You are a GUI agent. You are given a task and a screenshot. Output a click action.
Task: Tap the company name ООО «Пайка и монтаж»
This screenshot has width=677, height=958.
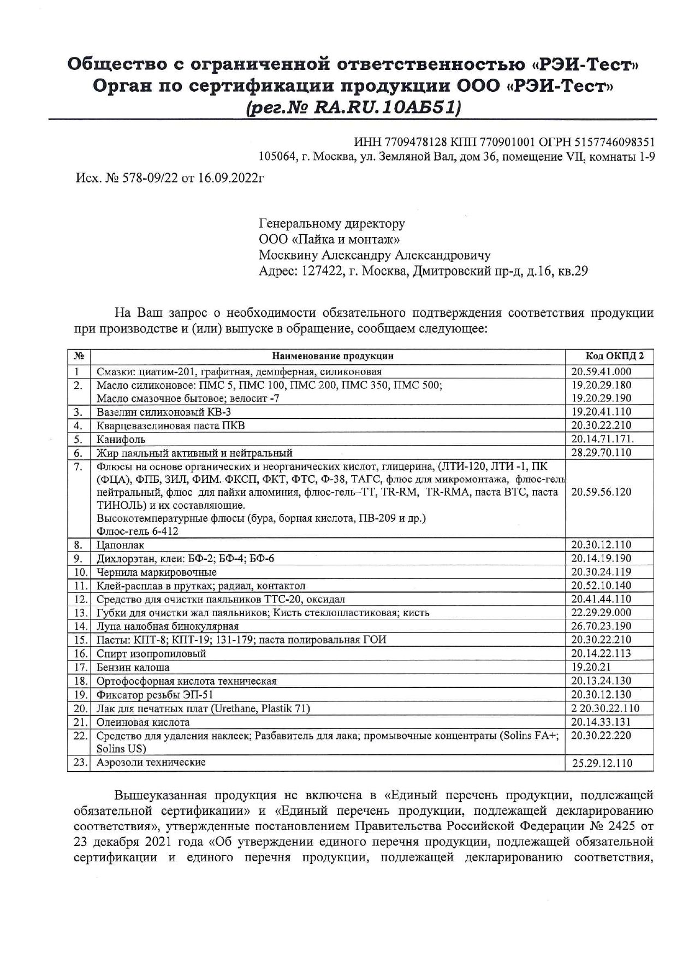(x=331, y=239)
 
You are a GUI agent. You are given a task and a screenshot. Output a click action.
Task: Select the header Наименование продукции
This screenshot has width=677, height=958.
(x=333, y=356)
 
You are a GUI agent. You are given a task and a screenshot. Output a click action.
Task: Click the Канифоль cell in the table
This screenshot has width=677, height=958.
(x=121, y=439)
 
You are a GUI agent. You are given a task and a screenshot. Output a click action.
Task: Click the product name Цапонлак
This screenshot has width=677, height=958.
(x=121, y=545)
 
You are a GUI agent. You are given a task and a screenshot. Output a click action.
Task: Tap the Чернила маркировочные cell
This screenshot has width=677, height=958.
(x=157, y=572)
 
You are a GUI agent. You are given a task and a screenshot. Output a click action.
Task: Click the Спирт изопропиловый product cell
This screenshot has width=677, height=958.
(x=151, y=653)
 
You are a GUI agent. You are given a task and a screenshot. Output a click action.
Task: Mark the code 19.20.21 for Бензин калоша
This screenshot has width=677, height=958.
(x=591, y=667)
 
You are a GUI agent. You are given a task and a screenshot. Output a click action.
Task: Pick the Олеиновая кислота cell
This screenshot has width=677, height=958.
(x=143, y=722)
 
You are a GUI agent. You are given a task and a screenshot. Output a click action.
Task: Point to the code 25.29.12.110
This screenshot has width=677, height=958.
(x=602, y=763)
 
